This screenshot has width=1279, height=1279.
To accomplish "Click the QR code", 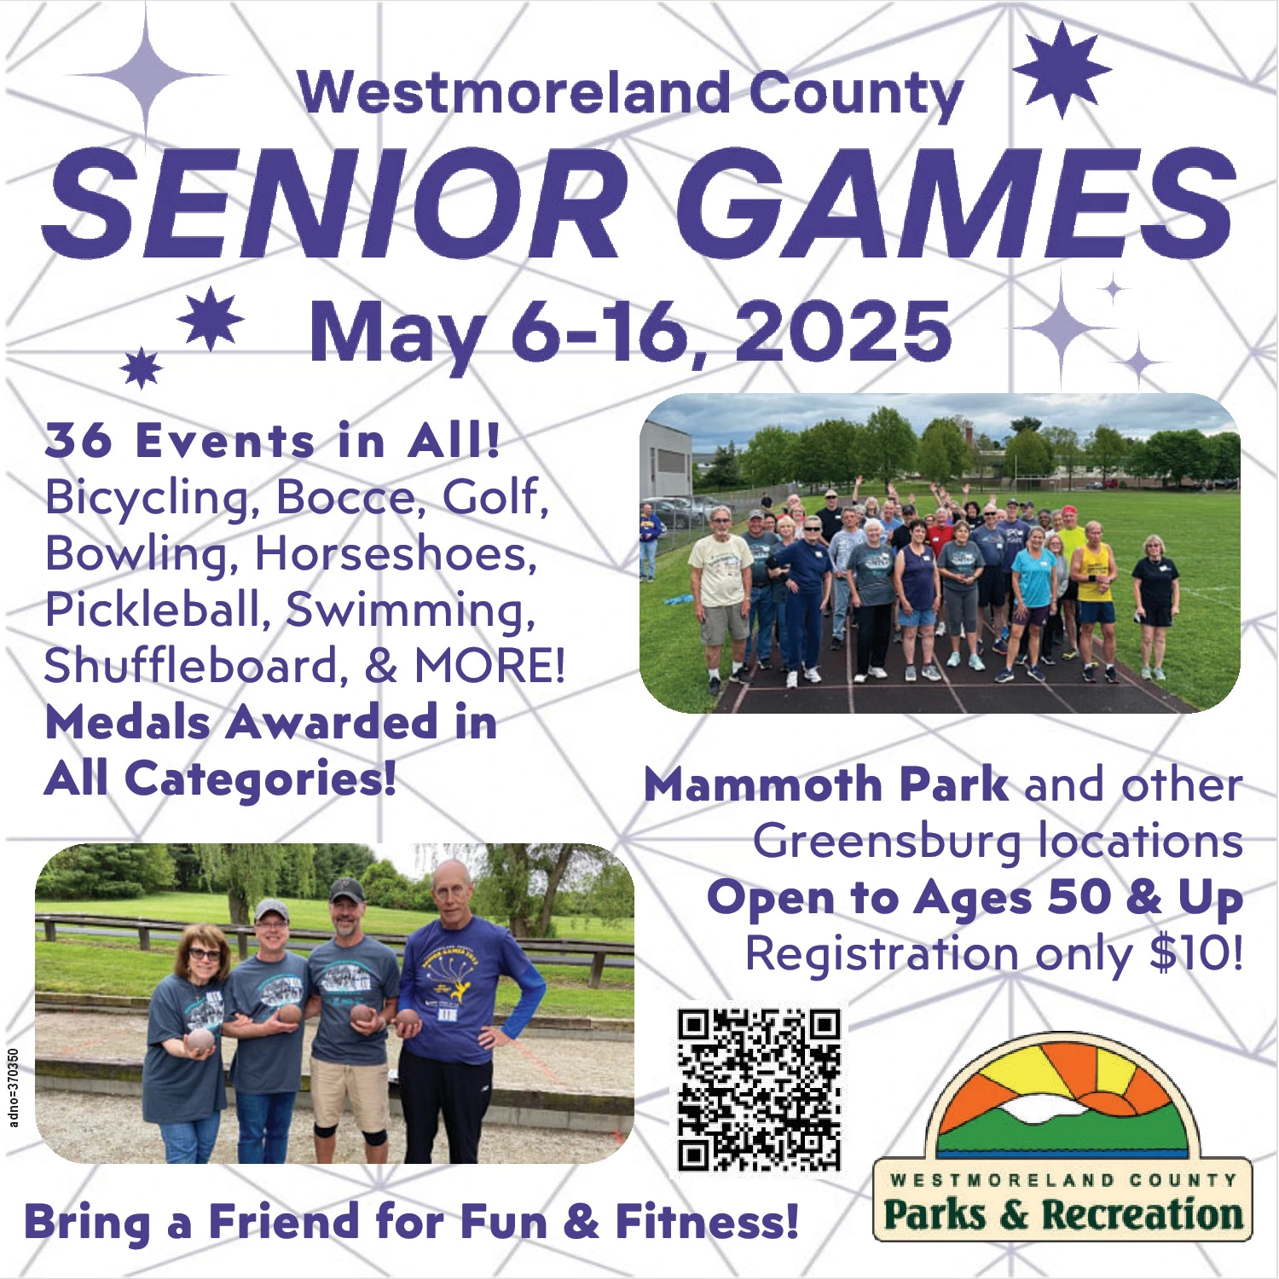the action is (x=759, y=1090).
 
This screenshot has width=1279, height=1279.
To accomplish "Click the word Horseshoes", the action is (x=396, y=553).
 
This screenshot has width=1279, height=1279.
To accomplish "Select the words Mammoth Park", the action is (x=825, y=784).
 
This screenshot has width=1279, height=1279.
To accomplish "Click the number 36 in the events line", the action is (x=78, y=441).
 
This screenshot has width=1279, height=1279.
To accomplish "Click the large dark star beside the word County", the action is (x=1062, y=70).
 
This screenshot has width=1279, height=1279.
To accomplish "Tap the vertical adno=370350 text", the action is (x=13, y=1088).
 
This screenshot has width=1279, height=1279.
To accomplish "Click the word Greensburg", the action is (x=887, y=842).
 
